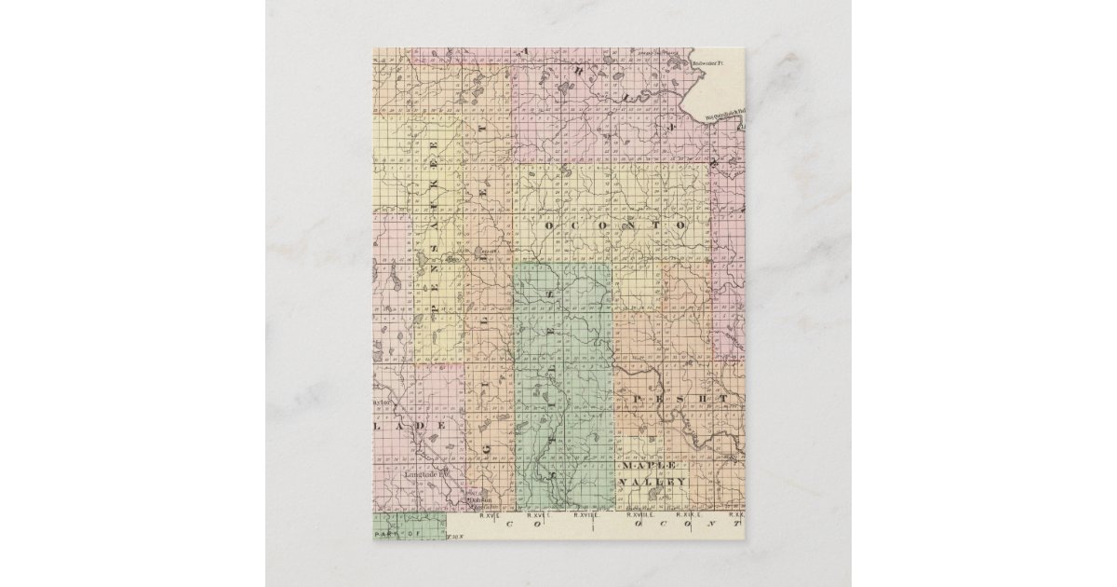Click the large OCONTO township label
(616, 225)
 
